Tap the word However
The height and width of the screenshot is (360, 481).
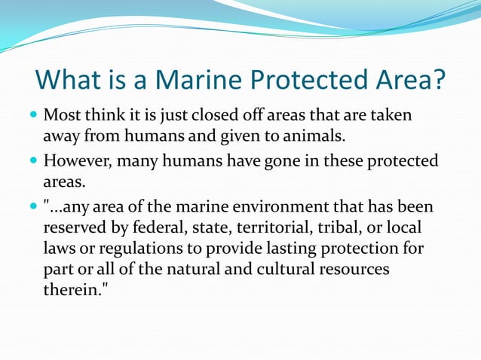[78, 161]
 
